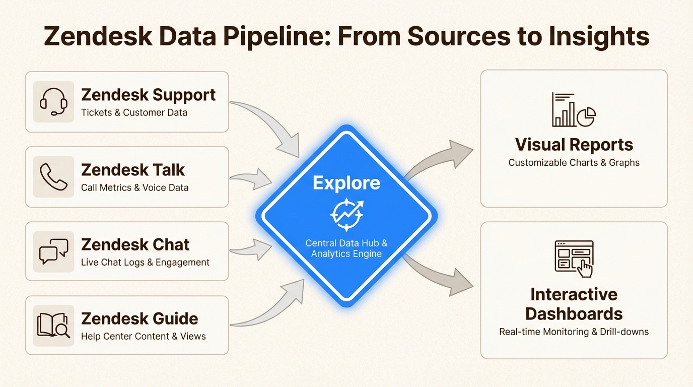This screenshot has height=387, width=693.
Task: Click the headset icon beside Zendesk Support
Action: click(x=53, y=102)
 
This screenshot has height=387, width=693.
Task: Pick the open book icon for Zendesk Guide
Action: click(x=53, y=326)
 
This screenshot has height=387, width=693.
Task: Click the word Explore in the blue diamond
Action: click(x=346, y=182)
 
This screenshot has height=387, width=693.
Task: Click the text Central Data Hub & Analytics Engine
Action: click(x=346, y=248)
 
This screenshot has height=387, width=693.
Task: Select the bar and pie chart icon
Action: click(x=574, y=109)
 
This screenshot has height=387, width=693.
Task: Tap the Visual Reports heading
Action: click(x=574, y=145)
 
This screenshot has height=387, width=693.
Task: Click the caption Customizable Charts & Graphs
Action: click(x=574, y=163)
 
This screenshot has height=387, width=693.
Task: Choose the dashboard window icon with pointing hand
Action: click(x=574, y=258)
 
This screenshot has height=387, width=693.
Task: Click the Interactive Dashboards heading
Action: click(x=574, y=304)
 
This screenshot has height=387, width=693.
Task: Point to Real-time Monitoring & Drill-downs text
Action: click(x=574, y=332)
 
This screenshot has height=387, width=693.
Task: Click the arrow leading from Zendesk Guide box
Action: click(x=272, y=307)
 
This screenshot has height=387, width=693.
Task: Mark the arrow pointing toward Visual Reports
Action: click(x=443, y=156)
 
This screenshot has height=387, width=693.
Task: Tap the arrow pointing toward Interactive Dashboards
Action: click(x=443, y=277)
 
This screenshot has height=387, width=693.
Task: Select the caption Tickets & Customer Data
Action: click(x=134, y=112)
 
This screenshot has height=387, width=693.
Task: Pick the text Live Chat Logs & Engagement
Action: click(x=145, y=262)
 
